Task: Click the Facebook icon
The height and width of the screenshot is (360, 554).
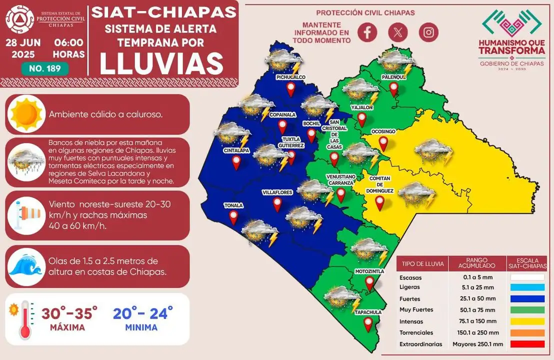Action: point(367,32)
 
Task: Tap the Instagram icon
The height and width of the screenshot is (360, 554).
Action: point(428,32)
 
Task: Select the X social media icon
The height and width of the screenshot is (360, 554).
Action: point(398,32)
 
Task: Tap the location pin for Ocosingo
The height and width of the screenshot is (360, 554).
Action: point(384,143)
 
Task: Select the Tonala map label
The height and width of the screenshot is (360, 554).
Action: point(233,205)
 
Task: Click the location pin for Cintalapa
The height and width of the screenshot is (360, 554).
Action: point(236,162)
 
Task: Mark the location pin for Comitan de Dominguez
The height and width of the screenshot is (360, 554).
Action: point(379,202)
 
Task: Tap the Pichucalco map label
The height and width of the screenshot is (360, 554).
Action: point(290,77)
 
